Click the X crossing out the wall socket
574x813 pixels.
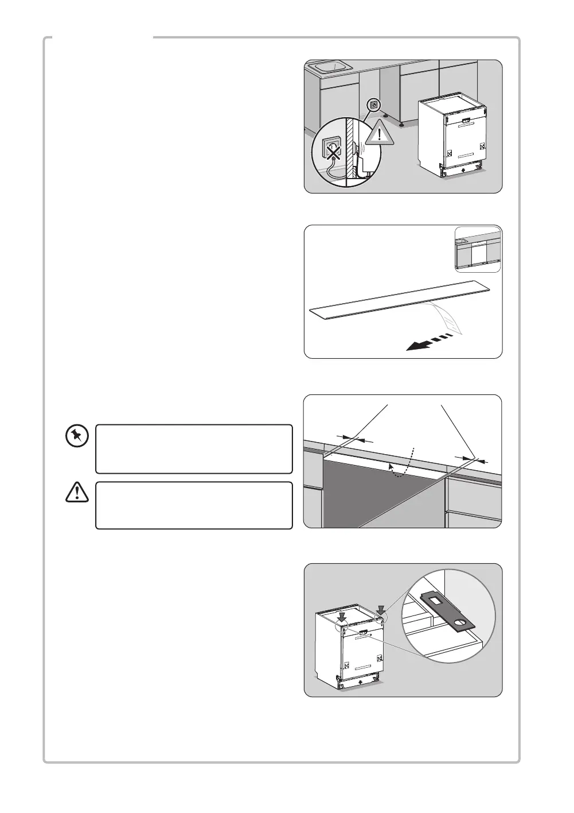tap(331, 150)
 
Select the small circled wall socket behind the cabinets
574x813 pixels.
tap(373, 105)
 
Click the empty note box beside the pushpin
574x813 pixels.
tap(194, 448)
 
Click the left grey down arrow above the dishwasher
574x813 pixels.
tap(342, 617)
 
